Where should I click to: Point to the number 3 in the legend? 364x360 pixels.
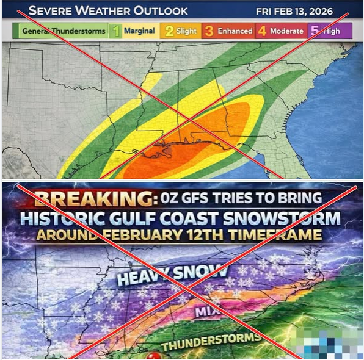[209, 31]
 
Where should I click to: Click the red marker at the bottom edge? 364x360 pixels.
[150, 356]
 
